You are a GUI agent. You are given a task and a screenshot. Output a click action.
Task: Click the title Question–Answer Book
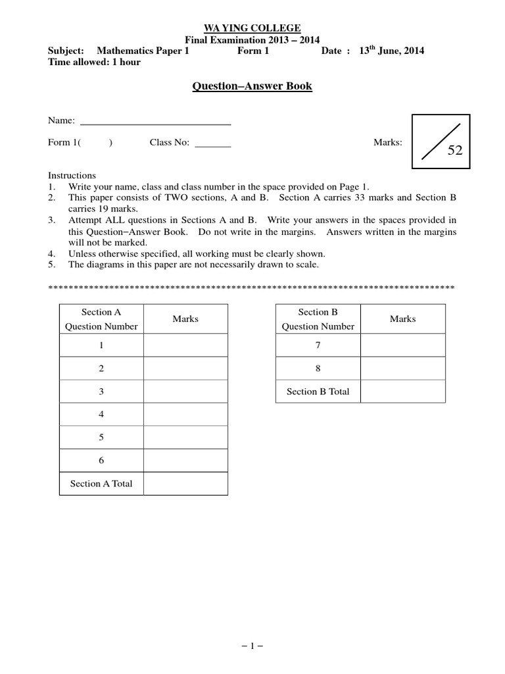(252, 86)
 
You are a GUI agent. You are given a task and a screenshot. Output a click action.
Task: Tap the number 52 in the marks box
(455, 151)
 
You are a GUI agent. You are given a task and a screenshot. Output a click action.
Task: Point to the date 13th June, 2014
(391, 51)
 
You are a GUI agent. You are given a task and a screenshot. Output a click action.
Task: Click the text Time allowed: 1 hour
(94, 63)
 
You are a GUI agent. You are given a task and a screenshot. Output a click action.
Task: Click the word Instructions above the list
(72, 176)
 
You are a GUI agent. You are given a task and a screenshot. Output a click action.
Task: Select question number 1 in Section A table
(101, 346)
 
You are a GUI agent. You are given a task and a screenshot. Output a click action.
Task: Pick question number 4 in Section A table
(101, 415)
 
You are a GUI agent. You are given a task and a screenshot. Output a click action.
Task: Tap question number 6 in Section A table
(101, 461)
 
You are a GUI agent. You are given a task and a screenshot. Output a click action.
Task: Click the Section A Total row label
(101, 484)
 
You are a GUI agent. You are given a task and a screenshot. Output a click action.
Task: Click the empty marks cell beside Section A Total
(185, 484)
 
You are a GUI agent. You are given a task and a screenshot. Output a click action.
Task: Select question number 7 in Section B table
(318, 346)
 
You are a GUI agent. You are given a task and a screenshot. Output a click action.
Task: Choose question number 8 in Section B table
(318, 369)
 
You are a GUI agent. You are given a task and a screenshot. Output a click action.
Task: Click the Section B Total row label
(318, 392)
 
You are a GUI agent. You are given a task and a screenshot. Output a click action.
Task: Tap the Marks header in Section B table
(402, 319)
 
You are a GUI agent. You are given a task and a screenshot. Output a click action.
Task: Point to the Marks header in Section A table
(185, 319)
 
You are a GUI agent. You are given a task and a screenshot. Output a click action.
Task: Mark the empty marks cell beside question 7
(402, 346)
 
